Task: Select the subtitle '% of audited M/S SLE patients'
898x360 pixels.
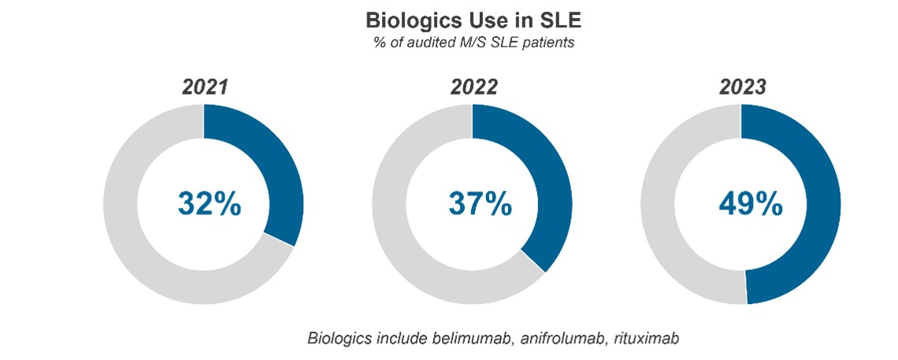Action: (473, 43)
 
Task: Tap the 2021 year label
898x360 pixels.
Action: (204, 87)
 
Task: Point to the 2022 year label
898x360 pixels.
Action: (473, 87)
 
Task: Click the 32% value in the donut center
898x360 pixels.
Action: (209, 204)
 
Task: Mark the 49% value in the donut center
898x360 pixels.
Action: (750, 204)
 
